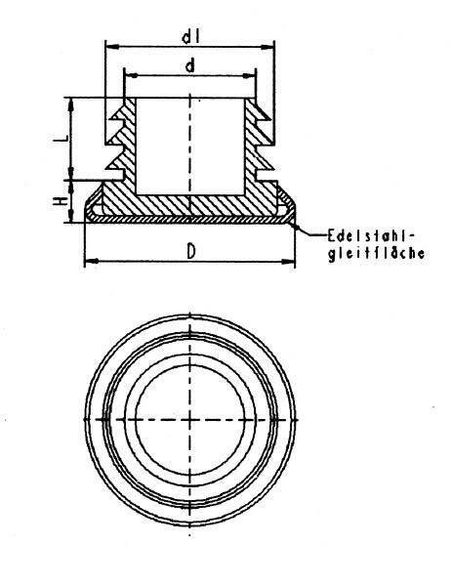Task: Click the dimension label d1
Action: pos(190,37)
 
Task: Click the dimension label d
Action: pos(190,66)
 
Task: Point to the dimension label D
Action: pos(191,251)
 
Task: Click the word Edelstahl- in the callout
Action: pos(371,236)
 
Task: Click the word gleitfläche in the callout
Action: pos(377,253)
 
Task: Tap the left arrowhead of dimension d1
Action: pos(112,47)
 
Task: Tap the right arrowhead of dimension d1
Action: pos(267,47)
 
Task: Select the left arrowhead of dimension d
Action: pos(131,75)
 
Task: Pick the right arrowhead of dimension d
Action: pos(249,75)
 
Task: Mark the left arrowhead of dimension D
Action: pos(92,261)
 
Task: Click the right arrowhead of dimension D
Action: pos(288,261)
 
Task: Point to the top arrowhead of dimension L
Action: pos(70,105)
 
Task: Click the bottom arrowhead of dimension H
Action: pos(70,216)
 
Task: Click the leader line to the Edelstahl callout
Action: pos(308,231)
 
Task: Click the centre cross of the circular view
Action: pos(190,420)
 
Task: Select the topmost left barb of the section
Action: pos(118,114)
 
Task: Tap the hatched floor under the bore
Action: pos(190,205)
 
